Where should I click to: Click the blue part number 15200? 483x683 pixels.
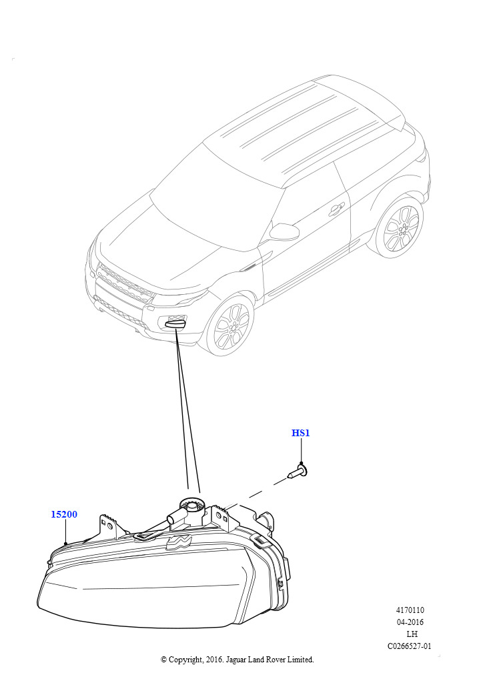pyautogui.click(x=64, y=514)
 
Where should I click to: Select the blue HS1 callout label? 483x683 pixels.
pyautogui.click(x=300, y=433)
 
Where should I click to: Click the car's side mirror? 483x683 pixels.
pyautogui.click(x=283, y=231)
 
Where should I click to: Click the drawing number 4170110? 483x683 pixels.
pyautogui.click(x=410, y=610)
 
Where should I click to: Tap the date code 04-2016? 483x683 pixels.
pyautogui.click(x=410, y=622)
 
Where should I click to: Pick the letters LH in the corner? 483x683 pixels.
pyautogui.click(x=412, y=634)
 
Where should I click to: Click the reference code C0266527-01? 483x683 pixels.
pyautogui.click(x=410, y=646)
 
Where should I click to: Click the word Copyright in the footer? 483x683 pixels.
pyautogui.click(x=185, y=660)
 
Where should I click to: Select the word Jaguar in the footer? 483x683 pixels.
pyautogui.click(x=235, y=660)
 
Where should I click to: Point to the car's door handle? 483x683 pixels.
pyautogui.click(x=335, y=209)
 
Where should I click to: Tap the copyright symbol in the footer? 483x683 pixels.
pyautogui.click(x=163, y=660)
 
